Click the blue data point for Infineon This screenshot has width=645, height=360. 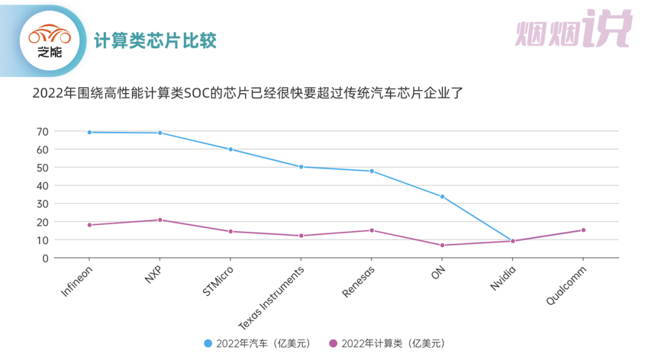click(90, 132)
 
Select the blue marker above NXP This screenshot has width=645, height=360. click(160, 133)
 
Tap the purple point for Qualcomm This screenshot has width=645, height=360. click(583, 230)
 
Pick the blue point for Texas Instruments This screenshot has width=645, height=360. click(301, 167)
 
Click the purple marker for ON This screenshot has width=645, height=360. click(442, 245)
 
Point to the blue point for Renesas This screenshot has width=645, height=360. click(371, 171)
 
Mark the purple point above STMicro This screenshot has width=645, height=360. click(231, 231)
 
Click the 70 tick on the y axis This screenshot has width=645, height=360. click(42, 131)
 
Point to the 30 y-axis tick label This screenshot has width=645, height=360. click(42, 204)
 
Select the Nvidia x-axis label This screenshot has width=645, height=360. click(502, 278)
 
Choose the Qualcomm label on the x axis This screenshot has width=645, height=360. click(566, 285)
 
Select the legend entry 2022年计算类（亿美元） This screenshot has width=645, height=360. click(387, 343)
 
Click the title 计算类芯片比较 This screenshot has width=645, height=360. click(155, 41)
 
